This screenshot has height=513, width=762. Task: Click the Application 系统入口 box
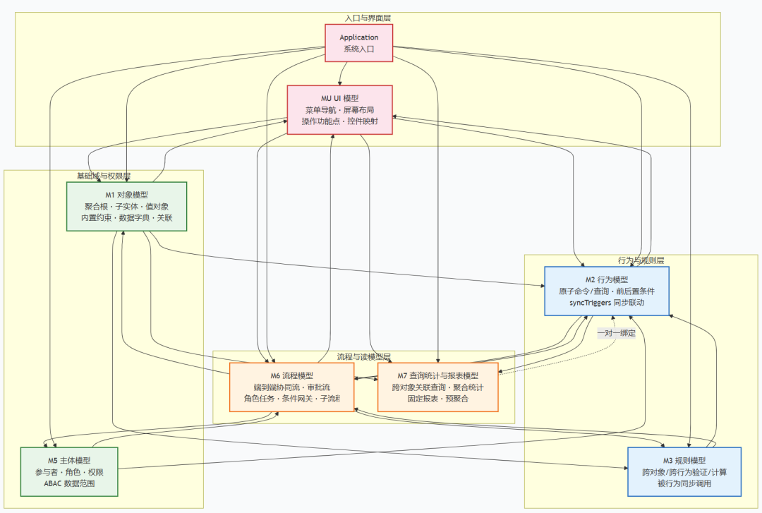[x=358, y=43]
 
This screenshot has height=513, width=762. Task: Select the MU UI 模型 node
[x=339, y=110]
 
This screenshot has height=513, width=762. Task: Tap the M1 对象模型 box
[x=127, y=206]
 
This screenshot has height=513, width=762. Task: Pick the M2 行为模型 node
[x=607, y=291]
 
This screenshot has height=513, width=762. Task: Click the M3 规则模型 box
[x=684, y=471]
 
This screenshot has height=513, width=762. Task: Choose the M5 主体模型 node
[x=69, y=471]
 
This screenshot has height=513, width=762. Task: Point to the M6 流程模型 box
[x=291, y=387]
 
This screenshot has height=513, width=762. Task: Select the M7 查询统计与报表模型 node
[x=438, y=387]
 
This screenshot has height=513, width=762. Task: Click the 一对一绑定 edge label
[x=617, y=333]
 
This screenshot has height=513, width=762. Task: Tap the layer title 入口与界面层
[x=368, y=18]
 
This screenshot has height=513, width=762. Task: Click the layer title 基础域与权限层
[x=104, y=176]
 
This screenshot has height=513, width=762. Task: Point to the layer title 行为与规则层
[x=641, y=260]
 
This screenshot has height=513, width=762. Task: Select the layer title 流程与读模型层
[x=364, y=356]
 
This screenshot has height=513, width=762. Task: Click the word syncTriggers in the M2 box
[x=590, y=303]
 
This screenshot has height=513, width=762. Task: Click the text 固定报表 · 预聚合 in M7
[x=438, y=399]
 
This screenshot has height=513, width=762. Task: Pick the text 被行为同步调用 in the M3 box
[x=684, y=483]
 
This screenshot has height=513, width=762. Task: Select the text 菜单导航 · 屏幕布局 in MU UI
[x=339, y=110]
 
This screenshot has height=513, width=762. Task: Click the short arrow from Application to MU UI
[x=343, y=73]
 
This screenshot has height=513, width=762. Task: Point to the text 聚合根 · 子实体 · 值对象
[x=127, y=206]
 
